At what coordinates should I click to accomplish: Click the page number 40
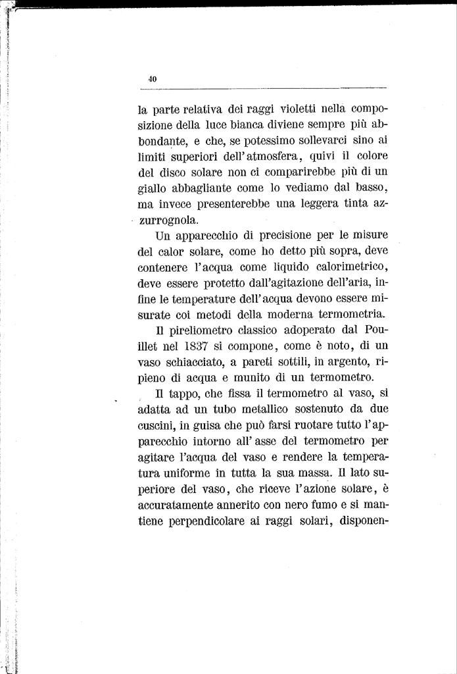click(x=153, y=79)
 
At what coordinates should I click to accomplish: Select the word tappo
click(x=182, y=395)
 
